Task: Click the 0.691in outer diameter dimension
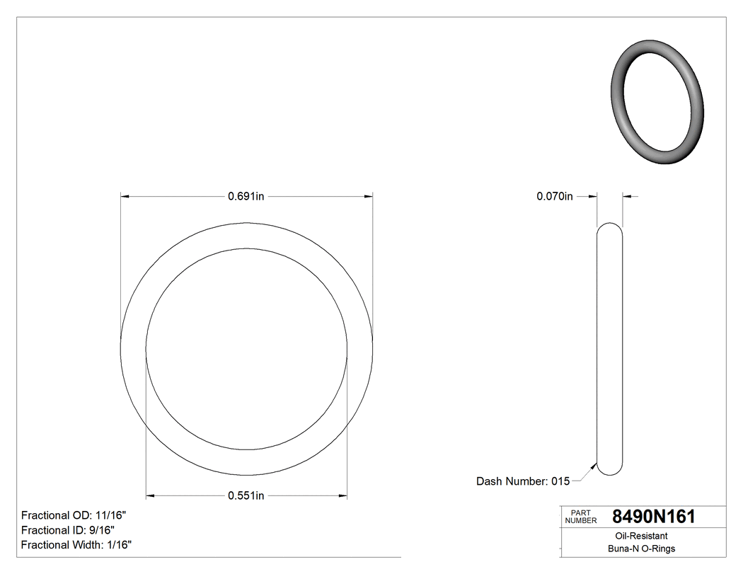pos(246,196)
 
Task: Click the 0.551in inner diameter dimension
pos(246,495)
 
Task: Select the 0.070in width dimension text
pos(555,196)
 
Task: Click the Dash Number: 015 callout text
pos(523,481)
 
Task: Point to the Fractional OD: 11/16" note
pos(74,515)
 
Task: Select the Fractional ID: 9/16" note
pos(68,530)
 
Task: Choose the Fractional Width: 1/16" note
pos(76,545)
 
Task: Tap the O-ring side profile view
pos(610,350)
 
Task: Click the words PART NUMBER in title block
pos(581,517)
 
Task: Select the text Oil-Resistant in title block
pos(637,536)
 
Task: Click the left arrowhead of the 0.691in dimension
pos(125,196)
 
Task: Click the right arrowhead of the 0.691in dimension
pos(368,196)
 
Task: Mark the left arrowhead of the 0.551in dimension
pos(150,495)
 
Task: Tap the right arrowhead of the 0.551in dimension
pos(342,495)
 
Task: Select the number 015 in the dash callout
pos(560,481)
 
